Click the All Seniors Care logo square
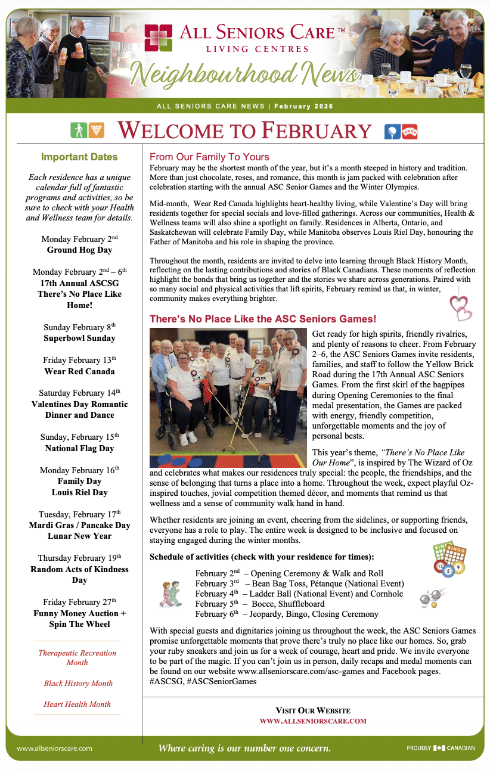[x=159, y=38]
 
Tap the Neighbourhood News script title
[x=244, y=74]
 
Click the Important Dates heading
[x=79, y=157]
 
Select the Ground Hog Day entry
[x=79, y=250]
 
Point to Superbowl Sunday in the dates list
[x=79, y=338]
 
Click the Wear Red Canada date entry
[x=79, y=371]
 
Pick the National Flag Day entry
[x=79, y=448]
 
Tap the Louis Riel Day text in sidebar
[x=79, y=492]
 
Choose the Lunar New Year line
[x=79, y=536]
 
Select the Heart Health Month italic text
[x=77, y=704]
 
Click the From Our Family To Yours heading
[x=209, y=157]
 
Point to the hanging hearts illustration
[x=460, y=305]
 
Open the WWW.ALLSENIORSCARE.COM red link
[x=313, y=721]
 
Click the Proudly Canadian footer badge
[x=441, y=748]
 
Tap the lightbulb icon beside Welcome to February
[x=392, y=131]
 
